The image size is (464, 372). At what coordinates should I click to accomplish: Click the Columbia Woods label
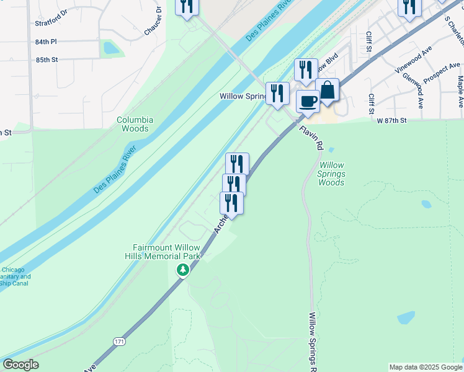click(x=135, y=124)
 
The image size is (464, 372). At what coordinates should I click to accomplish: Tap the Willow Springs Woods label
click(x=331, y=174)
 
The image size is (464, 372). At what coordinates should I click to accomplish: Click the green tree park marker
click(x=182, y=270)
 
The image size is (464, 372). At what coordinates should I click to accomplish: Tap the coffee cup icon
click(x=307, y=102)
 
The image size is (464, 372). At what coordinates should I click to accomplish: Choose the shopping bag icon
click(x=328, y=91)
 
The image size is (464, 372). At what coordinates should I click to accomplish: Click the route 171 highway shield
click(x=118, y=342)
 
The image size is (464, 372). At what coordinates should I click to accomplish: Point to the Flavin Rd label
click(x=311, y=138)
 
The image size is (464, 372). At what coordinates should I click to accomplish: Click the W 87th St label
click(x=391, y=120)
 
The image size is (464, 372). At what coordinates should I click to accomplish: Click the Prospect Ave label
click(x=442, y=73)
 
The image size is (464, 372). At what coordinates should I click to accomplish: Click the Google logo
click(x=20, y=365)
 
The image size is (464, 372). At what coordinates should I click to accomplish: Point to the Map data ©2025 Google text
click(x=426, y=367)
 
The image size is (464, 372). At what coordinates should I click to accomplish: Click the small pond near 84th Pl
click(x=111, y=48)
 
